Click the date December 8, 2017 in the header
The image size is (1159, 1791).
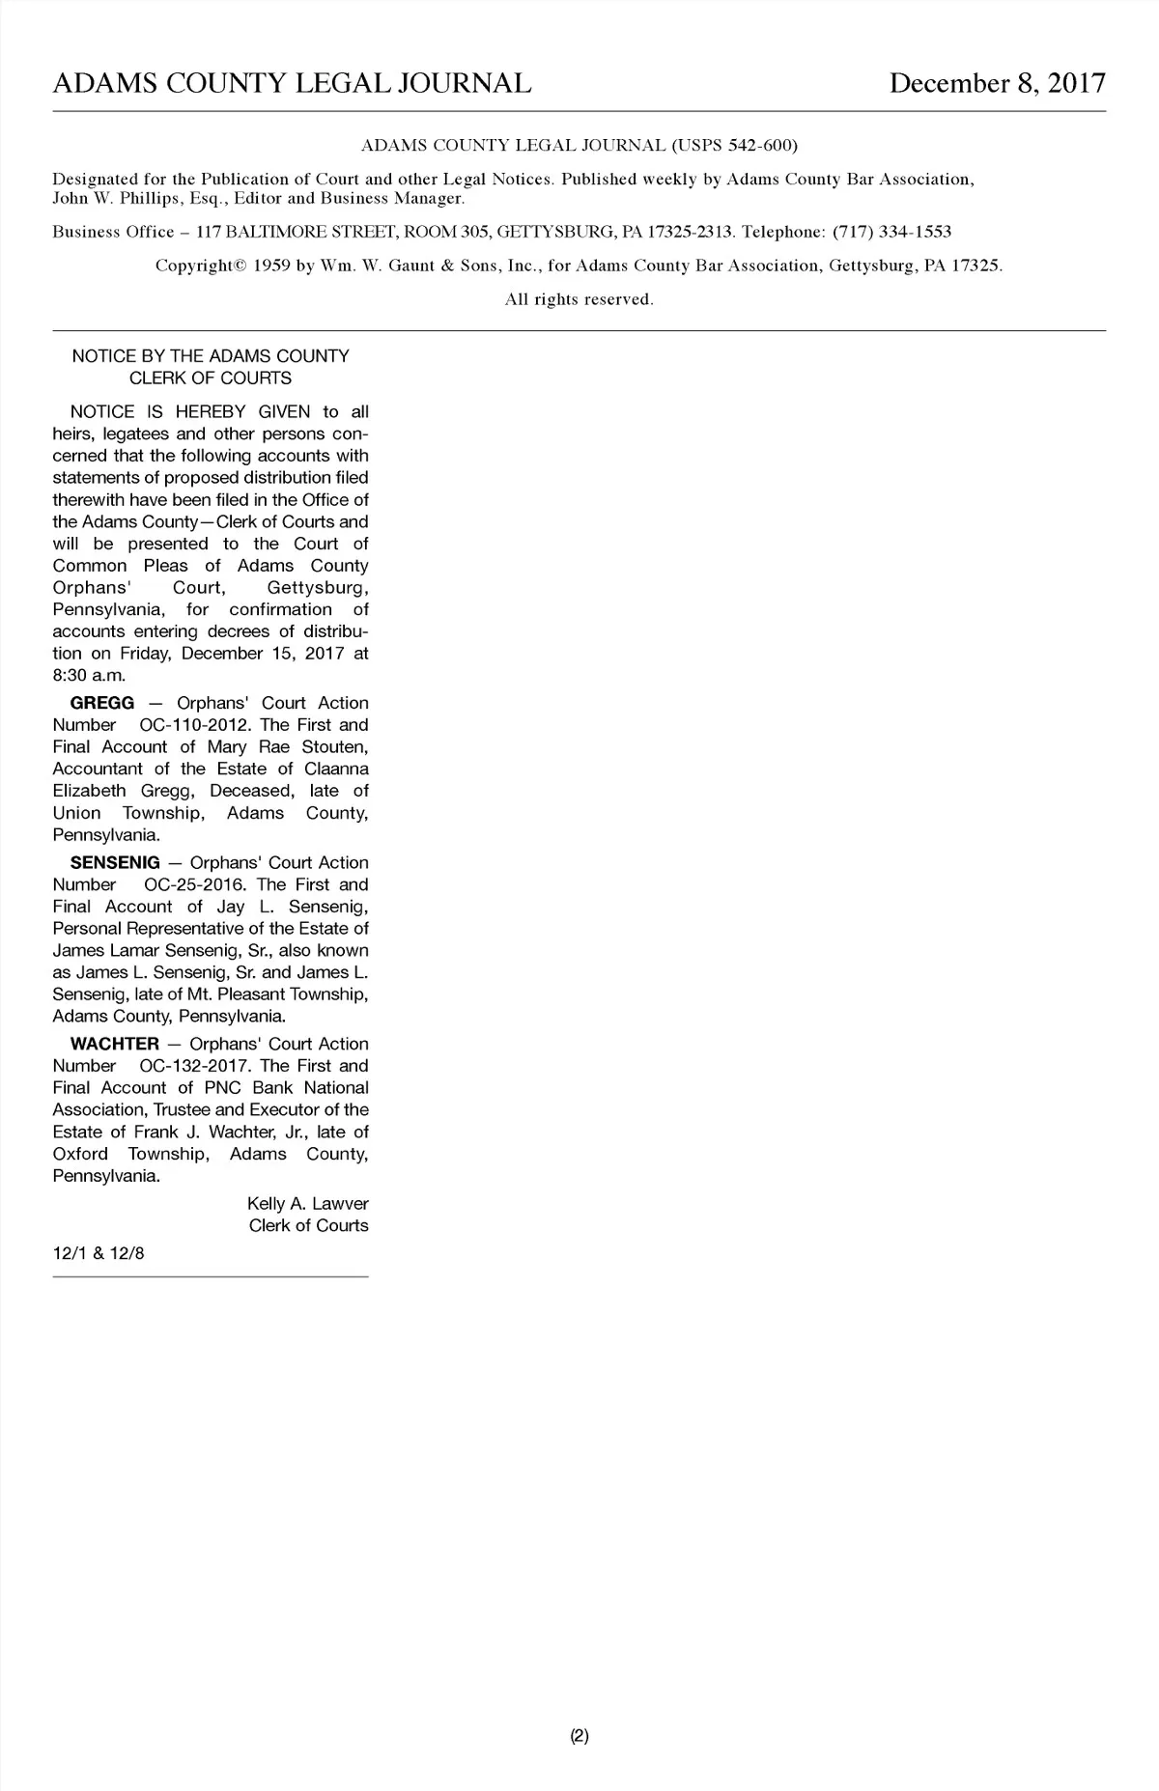(x=997, y=83)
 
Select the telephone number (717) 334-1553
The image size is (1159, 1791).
(x=891, y=232)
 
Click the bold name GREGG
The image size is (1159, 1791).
(x=102, y=703)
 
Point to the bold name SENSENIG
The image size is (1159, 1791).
(x=115, y=862)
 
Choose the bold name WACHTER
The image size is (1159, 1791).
(x=115, y=1044)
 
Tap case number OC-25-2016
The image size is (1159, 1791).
(x=195, y=884)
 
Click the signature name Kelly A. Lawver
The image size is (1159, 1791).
(x=307, y=1204)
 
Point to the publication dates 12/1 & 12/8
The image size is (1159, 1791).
(x=99, y=1253)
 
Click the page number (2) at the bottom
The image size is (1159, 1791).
(x=579, y=1736)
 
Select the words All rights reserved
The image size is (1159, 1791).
(x=579, y=299)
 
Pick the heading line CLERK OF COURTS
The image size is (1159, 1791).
(x=211, y=378)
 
